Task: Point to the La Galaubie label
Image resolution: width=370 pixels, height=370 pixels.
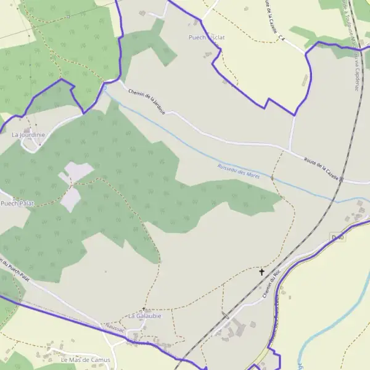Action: coord(144,316)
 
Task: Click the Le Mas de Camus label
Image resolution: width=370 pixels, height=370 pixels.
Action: coord(85,360)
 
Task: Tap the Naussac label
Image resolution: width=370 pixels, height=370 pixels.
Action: coord(115,329)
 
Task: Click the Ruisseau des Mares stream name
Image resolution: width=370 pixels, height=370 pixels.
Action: coord(239,171)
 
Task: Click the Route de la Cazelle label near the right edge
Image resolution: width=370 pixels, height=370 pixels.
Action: coord(322,168)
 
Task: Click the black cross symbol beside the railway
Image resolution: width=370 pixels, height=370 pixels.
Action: coord(261,271)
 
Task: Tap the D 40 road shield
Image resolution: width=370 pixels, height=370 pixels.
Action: coord(337,237)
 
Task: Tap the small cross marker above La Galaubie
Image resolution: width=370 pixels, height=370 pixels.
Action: coord(144,309)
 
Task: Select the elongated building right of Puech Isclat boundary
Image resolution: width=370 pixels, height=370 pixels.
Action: coord(305,80)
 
